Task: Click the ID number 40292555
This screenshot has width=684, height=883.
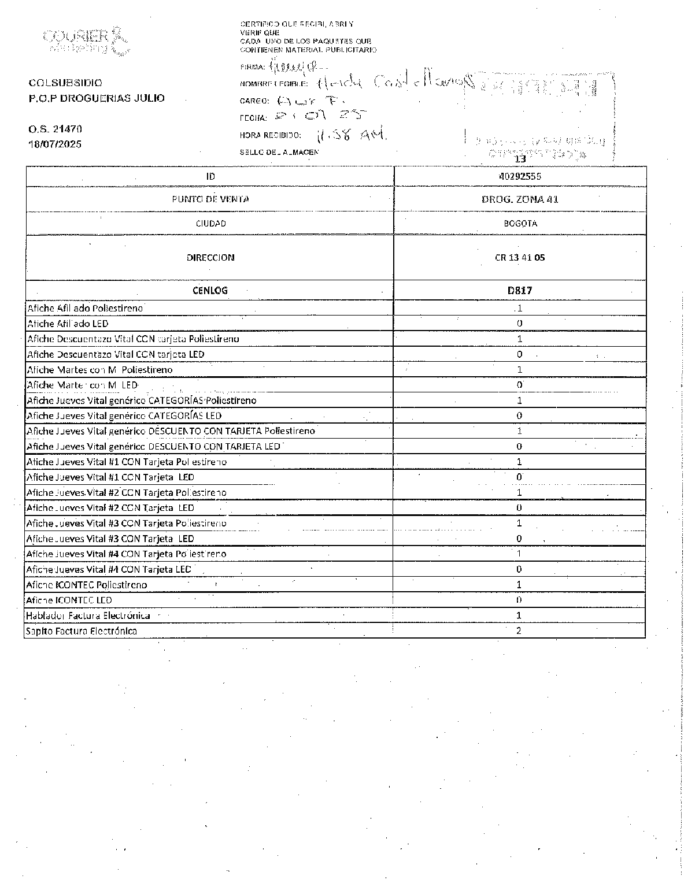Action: click(x=519, y=176)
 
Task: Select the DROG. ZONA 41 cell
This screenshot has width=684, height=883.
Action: click(x=519, y=199)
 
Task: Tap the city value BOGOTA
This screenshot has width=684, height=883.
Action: click(x=520, y=224)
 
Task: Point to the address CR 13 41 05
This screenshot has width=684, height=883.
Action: click(x=519, y=258)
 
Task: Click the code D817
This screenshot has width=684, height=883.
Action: click(x=519, y=291)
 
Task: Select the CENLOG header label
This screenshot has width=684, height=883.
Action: click(x=210, y=291)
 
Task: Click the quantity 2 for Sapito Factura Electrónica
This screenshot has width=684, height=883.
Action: click(x=519, y=631)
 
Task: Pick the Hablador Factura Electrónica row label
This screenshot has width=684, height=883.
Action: click(x=88, y=616)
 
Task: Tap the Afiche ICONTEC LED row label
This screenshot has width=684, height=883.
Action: click(x=69, y=600)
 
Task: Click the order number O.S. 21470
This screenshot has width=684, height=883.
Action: click(x=56, y=129)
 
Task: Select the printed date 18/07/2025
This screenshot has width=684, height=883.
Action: click(x=56, y=144)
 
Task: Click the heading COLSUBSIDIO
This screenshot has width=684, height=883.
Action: click(x=65, y=83)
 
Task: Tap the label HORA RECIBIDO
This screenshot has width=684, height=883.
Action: click(x=271, y=136)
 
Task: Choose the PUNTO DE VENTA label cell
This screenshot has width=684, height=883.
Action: click(x=210, y=199)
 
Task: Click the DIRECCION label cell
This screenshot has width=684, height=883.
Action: click(x=210, y=258)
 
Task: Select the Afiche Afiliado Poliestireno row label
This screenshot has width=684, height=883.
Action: click(x=85, y=309)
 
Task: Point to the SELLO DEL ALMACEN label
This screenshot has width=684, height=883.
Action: click(x=279, y=152)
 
